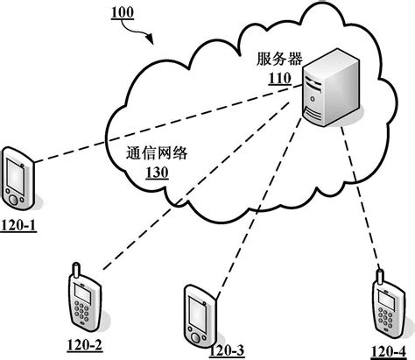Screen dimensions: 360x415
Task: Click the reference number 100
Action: click(123, 14)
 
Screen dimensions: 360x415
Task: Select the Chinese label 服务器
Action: click(278, 59)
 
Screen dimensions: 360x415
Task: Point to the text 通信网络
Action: click(157, 152)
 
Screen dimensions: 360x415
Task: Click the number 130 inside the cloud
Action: click(157, 172)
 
